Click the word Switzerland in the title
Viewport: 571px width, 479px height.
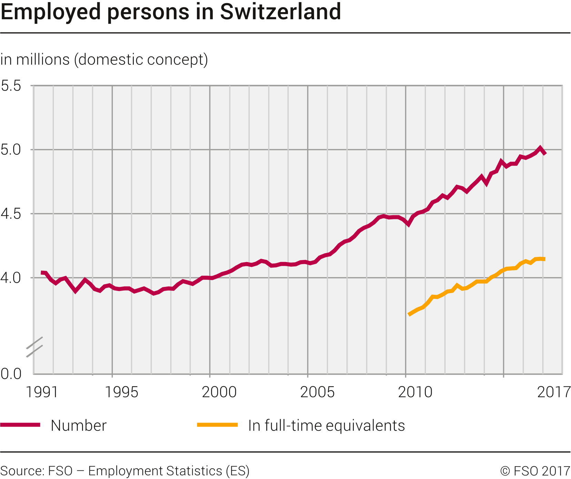[x=280, y=12]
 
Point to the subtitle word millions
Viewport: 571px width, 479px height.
[x=43, y=60]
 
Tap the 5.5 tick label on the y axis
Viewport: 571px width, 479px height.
[x=11, y=86]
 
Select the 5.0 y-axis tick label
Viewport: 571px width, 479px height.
[x=11, y=150]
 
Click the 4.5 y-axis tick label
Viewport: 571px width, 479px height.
[x=11, y=214]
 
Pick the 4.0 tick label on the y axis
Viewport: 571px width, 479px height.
[x=11, y=278]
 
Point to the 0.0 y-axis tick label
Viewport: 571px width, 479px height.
[x=11, y=374]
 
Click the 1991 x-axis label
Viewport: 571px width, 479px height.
[x=42, y=392]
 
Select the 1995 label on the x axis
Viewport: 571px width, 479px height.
[x=121, y=392]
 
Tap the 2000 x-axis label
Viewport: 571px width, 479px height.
[x=219, y=392]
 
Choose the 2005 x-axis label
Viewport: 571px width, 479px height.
[x=317, y=392]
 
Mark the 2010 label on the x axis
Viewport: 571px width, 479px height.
[x=415, y=392]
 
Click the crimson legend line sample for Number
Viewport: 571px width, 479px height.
[x=20, y=425]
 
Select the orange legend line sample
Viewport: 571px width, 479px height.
[x=217, y=425]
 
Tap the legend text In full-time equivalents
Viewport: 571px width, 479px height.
[x=326, y=426]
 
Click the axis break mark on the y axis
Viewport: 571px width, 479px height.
[x=34, y=346]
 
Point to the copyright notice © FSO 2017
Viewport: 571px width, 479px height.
[x=535, y=471]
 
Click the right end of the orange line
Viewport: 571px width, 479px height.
[x=544, y=259]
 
